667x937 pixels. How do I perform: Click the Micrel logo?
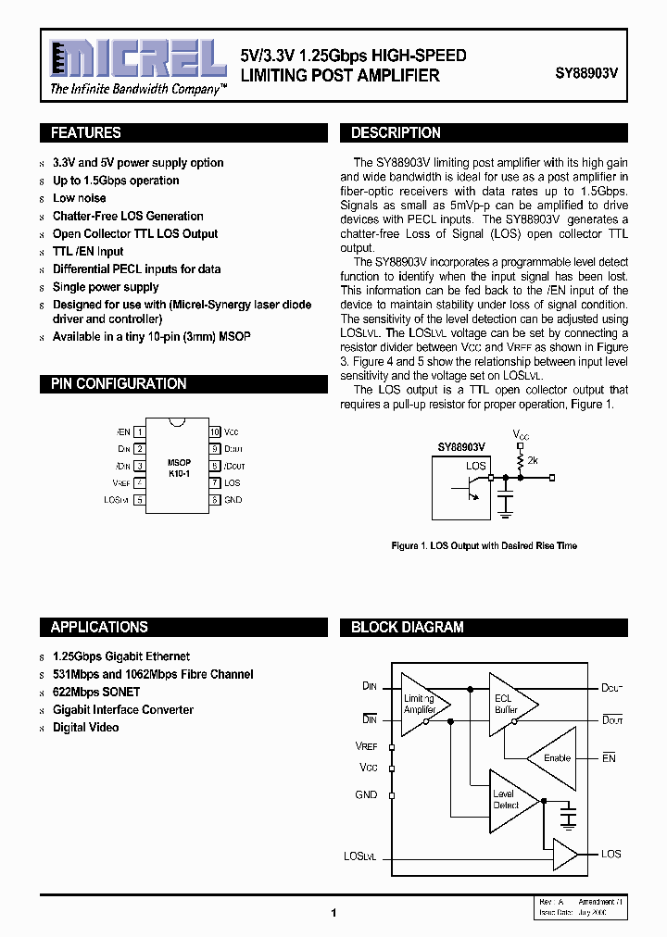pyautogui.click(x=138, y=60)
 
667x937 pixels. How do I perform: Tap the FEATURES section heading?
pyautogui.click(x=85, y=133)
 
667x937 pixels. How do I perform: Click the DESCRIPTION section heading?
pyautogui.click(x=396, y=133)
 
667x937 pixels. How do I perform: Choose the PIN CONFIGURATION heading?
pyautogui.click(x=119, y=384)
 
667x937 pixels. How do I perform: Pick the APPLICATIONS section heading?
pyautogui.click(x=99, y=628)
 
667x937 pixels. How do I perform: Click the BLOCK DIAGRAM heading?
pyautogui.click(x=407, y=628)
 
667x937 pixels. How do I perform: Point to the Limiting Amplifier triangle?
pyautogui.click(x=422, y=705)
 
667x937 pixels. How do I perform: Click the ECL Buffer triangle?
pyautogui.click(x=509, y=705)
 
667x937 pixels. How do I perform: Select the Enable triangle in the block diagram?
pyautogui.click(x=554, y=758)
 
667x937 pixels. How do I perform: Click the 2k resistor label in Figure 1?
pyautogui.click(x=532, y=459)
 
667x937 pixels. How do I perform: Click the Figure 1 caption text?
pyautogui.click(x=485, y=546)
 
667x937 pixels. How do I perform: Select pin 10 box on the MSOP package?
pyautogui.click(x=214, y=432)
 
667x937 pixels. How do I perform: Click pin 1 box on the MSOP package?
pyautogui.click(x=139, y=432)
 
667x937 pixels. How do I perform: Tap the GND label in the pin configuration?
pyautogui.click(x=233, y=500)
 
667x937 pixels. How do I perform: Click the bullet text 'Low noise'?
pyautogui.click(x=80, y=198)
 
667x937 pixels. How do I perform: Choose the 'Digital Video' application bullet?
pyautogui.click(x=85, y=728)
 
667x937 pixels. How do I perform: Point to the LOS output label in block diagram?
pyautogui.click(x=610, y=854)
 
